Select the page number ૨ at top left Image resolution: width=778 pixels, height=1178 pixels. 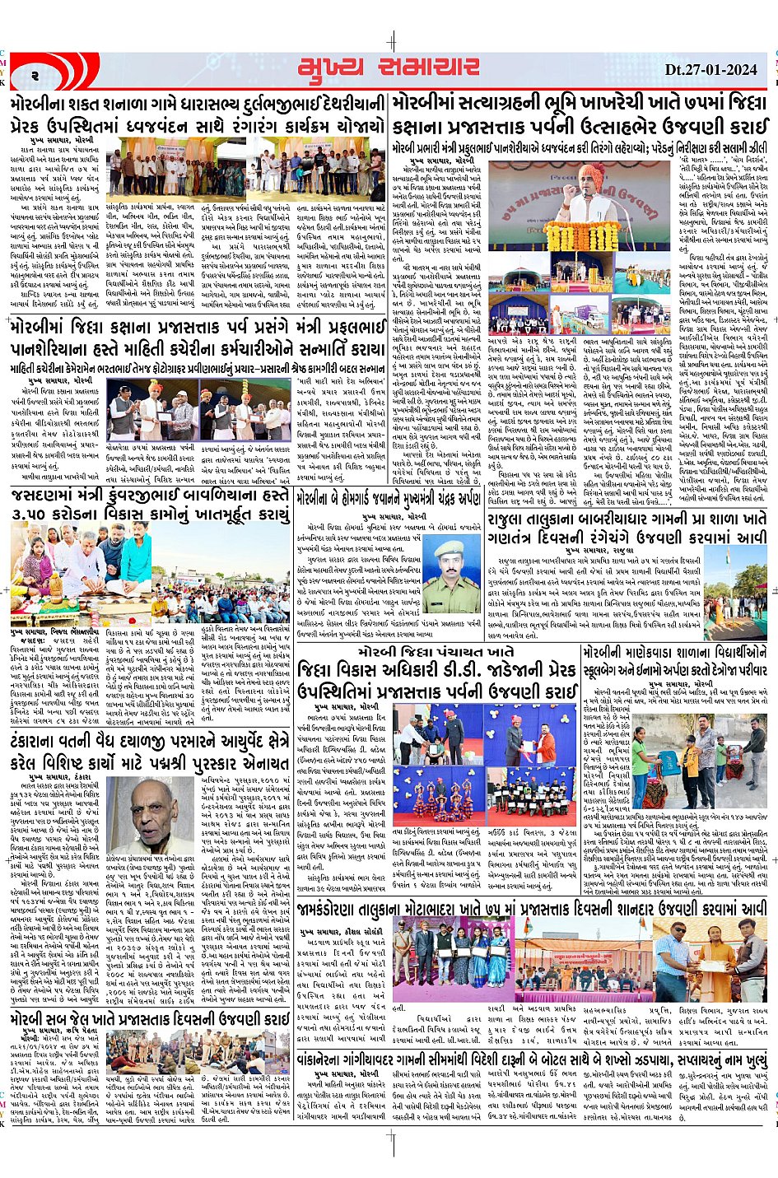[x=37, y=75]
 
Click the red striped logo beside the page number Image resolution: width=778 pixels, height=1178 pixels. [x=77, y=71]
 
